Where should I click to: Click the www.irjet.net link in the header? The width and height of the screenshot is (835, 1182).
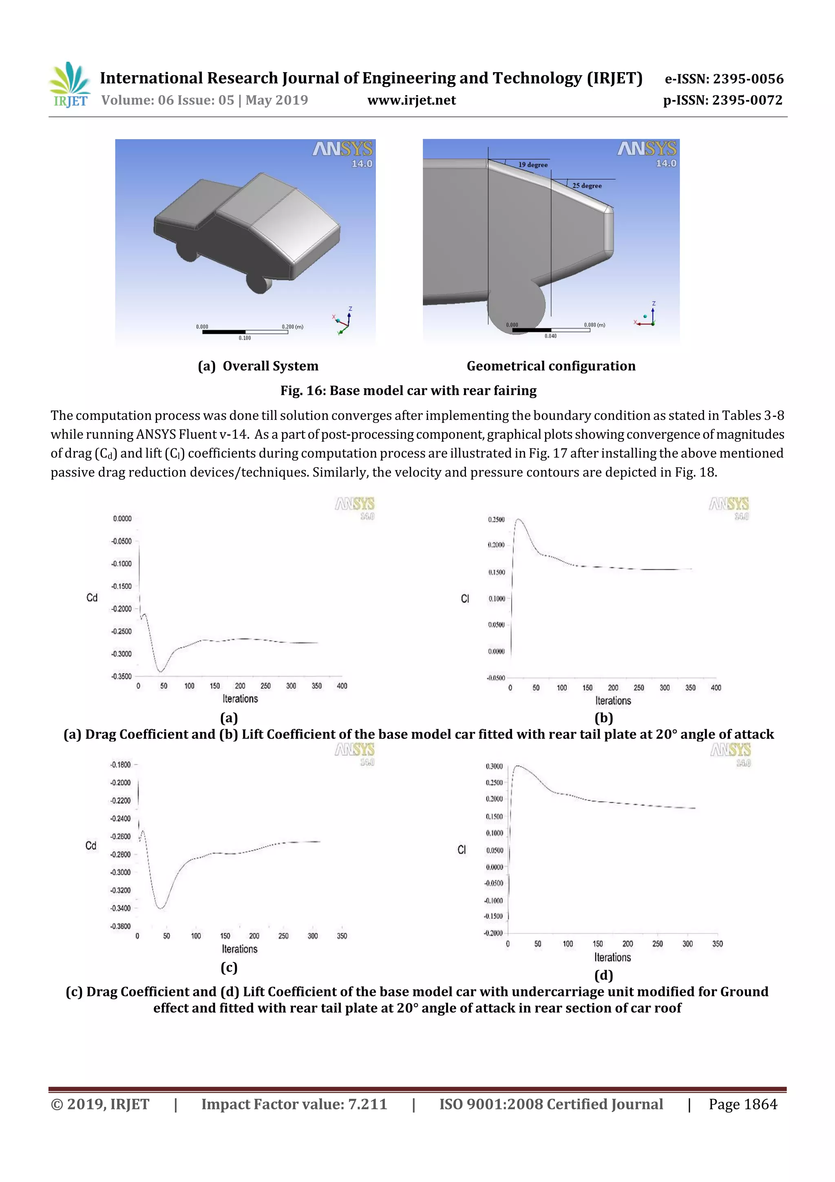(411, 100)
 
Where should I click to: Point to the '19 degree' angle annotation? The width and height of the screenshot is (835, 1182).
(532, 165)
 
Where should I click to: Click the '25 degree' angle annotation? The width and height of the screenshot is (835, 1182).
(587, 185)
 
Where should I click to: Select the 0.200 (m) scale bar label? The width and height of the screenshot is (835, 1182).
(292, 326)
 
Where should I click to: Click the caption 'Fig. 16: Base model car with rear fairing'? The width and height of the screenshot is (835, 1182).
(408, 391)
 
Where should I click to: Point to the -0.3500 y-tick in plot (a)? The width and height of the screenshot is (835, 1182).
(122, 676)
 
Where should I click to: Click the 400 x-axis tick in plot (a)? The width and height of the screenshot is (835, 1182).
(342, 686)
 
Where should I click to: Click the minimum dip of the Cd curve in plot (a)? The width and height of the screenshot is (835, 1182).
(161, 671)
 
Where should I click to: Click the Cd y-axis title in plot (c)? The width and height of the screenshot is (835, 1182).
(91, 846)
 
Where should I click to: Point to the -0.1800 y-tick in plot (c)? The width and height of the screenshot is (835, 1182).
(120, 765)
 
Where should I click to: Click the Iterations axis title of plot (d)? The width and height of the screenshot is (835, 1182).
(612, 957)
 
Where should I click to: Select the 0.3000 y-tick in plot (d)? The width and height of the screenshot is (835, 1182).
(494, 766)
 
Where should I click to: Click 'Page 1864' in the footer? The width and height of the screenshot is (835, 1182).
(742, 1104)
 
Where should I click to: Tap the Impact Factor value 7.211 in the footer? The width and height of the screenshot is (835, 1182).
(367, 1104)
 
